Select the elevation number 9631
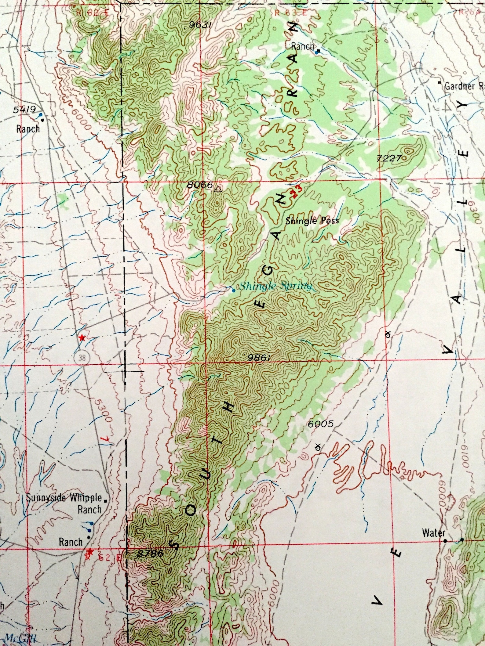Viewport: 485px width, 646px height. tap(200, 25)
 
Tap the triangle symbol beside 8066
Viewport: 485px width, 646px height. tap(218, 189)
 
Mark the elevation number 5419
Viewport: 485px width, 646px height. tap(25, 109)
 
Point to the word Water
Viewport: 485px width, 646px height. tap(433, 533)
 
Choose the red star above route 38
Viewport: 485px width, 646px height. tap(82, 338)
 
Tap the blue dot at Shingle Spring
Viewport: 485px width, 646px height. tap(234, 291)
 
